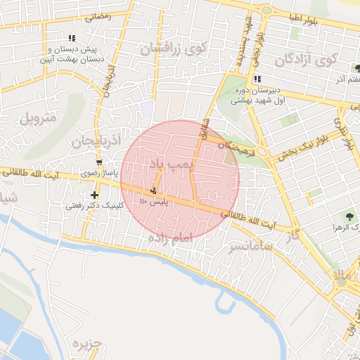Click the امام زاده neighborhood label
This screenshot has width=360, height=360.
[x=169, y=239]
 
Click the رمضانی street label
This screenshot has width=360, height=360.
[x=98, y=15]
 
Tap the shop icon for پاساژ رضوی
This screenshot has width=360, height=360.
[x=98, y=161]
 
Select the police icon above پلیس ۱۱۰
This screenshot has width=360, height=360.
[x=153, y=191]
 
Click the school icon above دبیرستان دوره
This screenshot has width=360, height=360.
[x=257, y=78]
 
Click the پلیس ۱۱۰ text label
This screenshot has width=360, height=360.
[x=151, y=202]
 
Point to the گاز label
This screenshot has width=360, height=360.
[x=293, y=234]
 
